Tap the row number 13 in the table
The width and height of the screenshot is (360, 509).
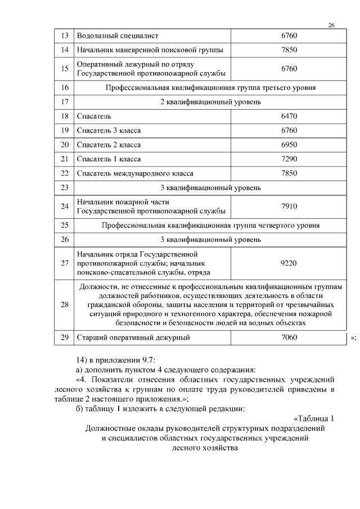64,36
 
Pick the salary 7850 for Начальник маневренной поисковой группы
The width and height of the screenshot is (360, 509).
289,50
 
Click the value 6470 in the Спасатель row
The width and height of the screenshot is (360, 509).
289,116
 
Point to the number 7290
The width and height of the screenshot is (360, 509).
289,159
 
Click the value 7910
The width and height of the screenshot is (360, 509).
289,206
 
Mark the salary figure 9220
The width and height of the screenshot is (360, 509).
289,263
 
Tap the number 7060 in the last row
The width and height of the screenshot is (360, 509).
289,337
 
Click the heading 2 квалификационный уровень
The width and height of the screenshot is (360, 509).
210,102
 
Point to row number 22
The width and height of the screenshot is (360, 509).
64,173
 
